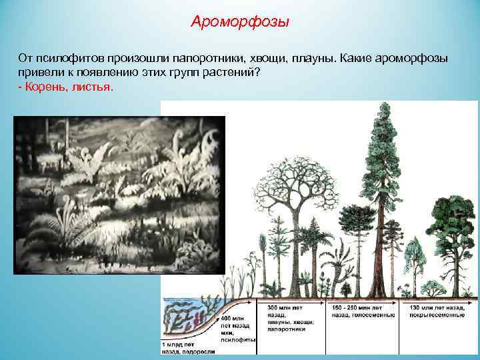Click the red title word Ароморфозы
click(240, 22)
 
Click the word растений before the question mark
click(227, 73)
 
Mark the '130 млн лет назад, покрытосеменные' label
click(437, 310)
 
